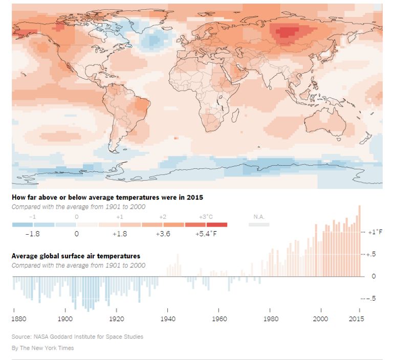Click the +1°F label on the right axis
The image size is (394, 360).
click(375, 232)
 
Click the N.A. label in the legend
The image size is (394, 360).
click(259, 217)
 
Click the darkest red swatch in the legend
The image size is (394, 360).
click(217, 224)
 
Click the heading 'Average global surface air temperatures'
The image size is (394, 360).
click(76, 256)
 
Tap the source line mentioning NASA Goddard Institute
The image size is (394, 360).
click(77, 336)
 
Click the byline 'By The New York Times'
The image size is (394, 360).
click(42, 348)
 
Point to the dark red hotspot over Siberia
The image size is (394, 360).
click(288, 33)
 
